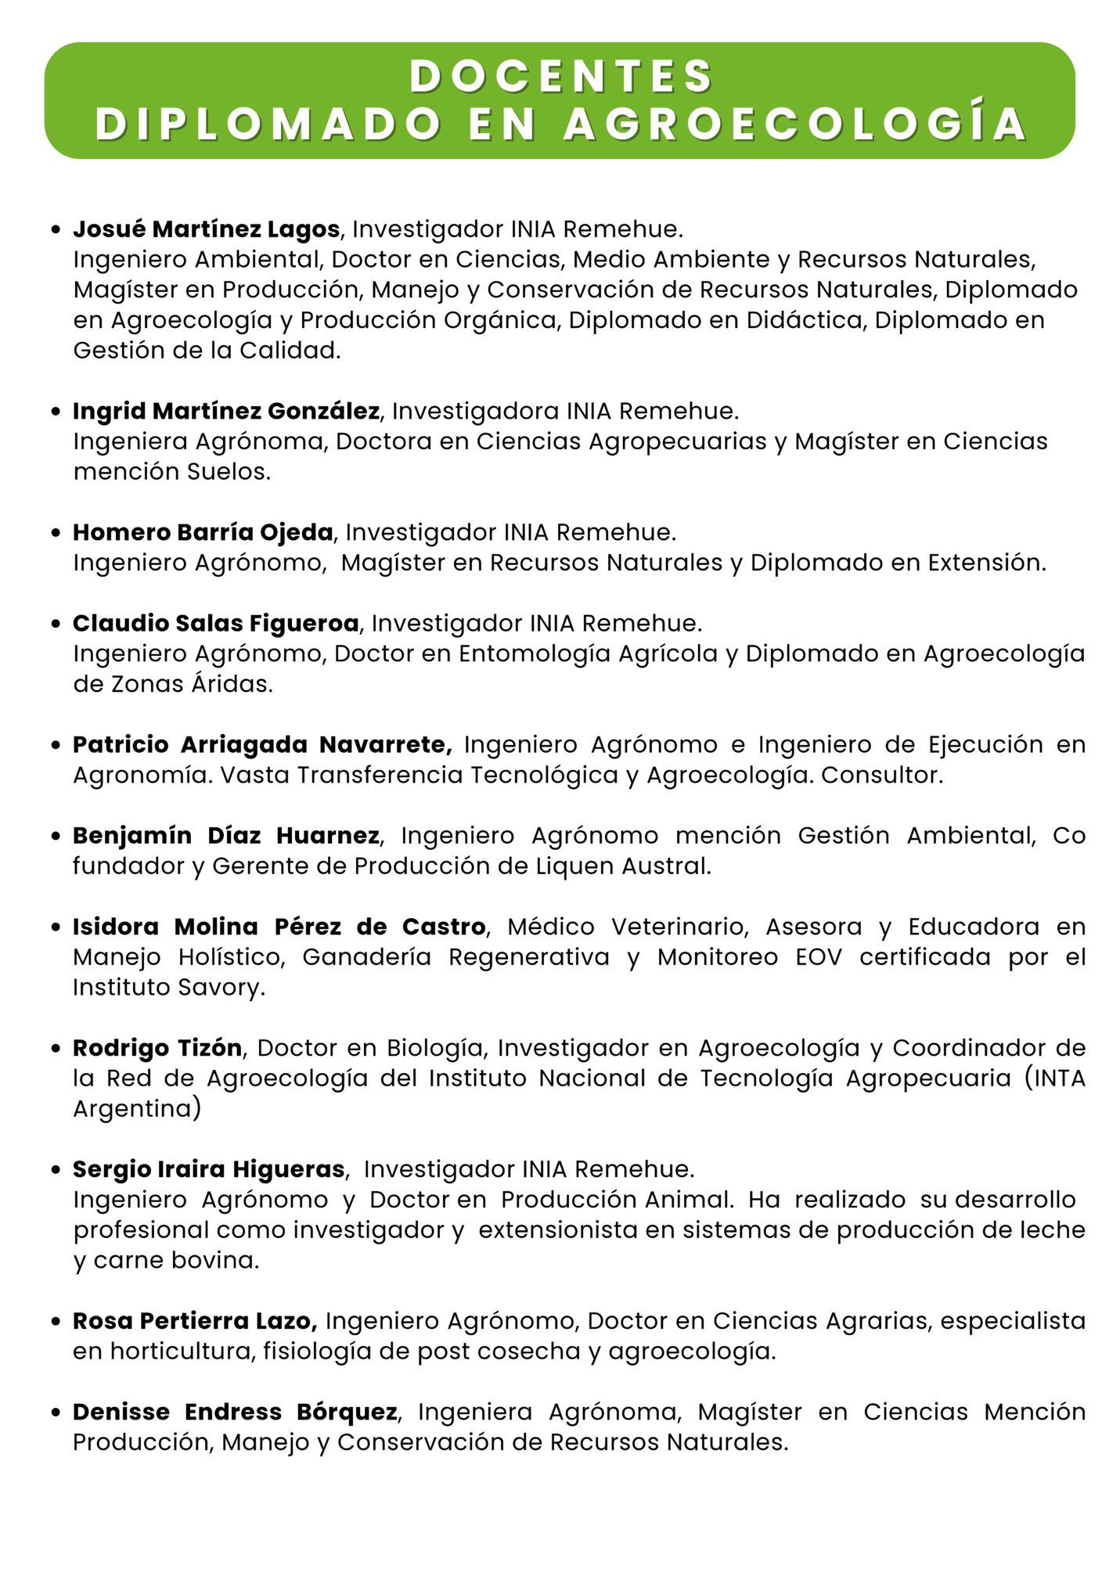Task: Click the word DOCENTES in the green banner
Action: click(560, 77)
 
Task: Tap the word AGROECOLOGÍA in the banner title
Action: click(795, 124)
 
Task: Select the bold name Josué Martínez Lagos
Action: click(207, 229)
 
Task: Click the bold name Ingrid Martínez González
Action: click(226, 411)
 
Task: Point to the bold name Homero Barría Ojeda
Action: click(203, 532)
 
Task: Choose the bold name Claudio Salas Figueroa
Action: click(216, 623)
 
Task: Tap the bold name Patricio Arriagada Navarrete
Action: click(262, 744)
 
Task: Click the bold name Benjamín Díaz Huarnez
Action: click(226, 836)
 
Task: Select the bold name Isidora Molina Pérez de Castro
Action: click(279, 927)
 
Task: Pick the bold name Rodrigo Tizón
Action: click(157, 1048)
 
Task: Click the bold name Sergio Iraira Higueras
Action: click(209, 1169)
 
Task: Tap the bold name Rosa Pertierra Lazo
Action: click(195, 1321)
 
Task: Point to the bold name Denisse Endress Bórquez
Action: click(235, 1412)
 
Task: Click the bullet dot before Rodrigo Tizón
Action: click(56, 1049)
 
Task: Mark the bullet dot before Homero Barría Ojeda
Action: click(56, 533)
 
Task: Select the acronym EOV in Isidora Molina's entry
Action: click(819, 957)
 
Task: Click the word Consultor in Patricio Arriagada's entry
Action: click(881, 775)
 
